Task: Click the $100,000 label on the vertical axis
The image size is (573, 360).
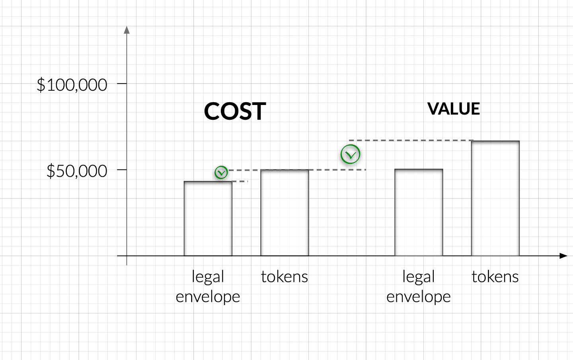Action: pos(72,85)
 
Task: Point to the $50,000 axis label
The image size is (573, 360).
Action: pos(77,171)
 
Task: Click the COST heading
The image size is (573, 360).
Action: pos(235,111)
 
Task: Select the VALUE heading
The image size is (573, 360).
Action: pos(454,109)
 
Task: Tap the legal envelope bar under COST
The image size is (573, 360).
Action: pos(208,218)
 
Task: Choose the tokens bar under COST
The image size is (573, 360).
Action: pos(285,213)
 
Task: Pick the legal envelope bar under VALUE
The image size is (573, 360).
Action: pos(419,212)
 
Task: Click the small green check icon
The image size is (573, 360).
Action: pos(221,172)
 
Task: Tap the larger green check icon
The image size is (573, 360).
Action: pos(350,154)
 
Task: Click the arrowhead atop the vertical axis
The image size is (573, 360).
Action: pos(127,30)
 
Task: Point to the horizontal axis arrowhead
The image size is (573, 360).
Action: pos(563,256)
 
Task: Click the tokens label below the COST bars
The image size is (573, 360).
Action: pos(285,277)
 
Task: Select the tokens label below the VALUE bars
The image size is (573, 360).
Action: pos(495,277)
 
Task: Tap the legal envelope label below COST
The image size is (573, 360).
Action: pos(208,286)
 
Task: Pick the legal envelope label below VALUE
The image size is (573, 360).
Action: pos(419,286)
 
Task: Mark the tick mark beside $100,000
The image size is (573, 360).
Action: pos(122,84)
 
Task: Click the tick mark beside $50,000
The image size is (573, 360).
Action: pos(122,170)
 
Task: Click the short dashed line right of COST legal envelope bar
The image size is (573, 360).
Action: pos(240,181)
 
